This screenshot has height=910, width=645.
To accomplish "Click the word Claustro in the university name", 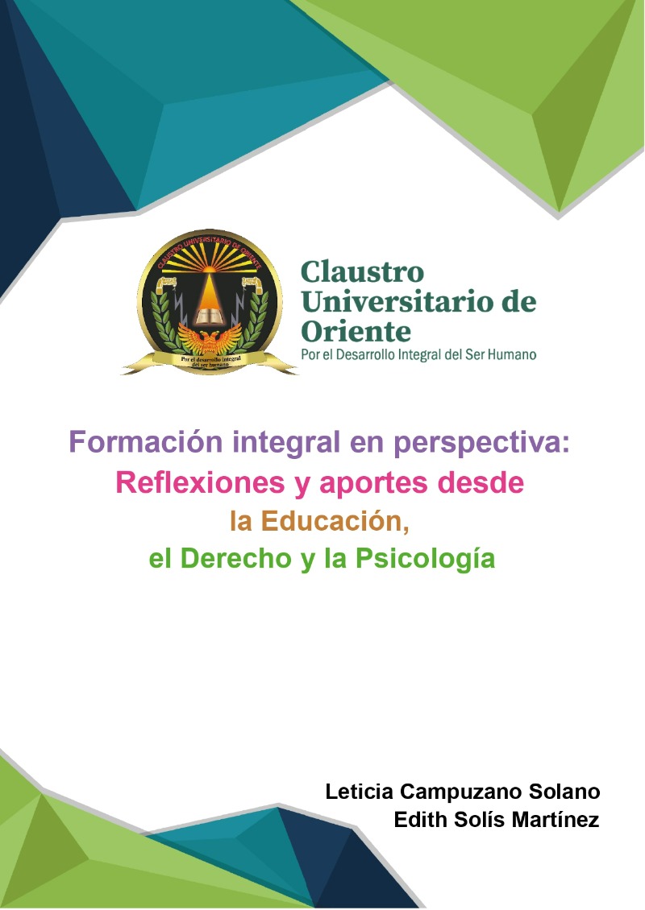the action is (362, 271).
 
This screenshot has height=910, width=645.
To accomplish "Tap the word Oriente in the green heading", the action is (356, 331).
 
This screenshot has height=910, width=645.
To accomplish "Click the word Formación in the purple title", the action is (146, 442).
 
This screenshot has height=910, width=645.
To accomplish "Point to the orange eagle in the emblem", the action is (209, 338).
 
